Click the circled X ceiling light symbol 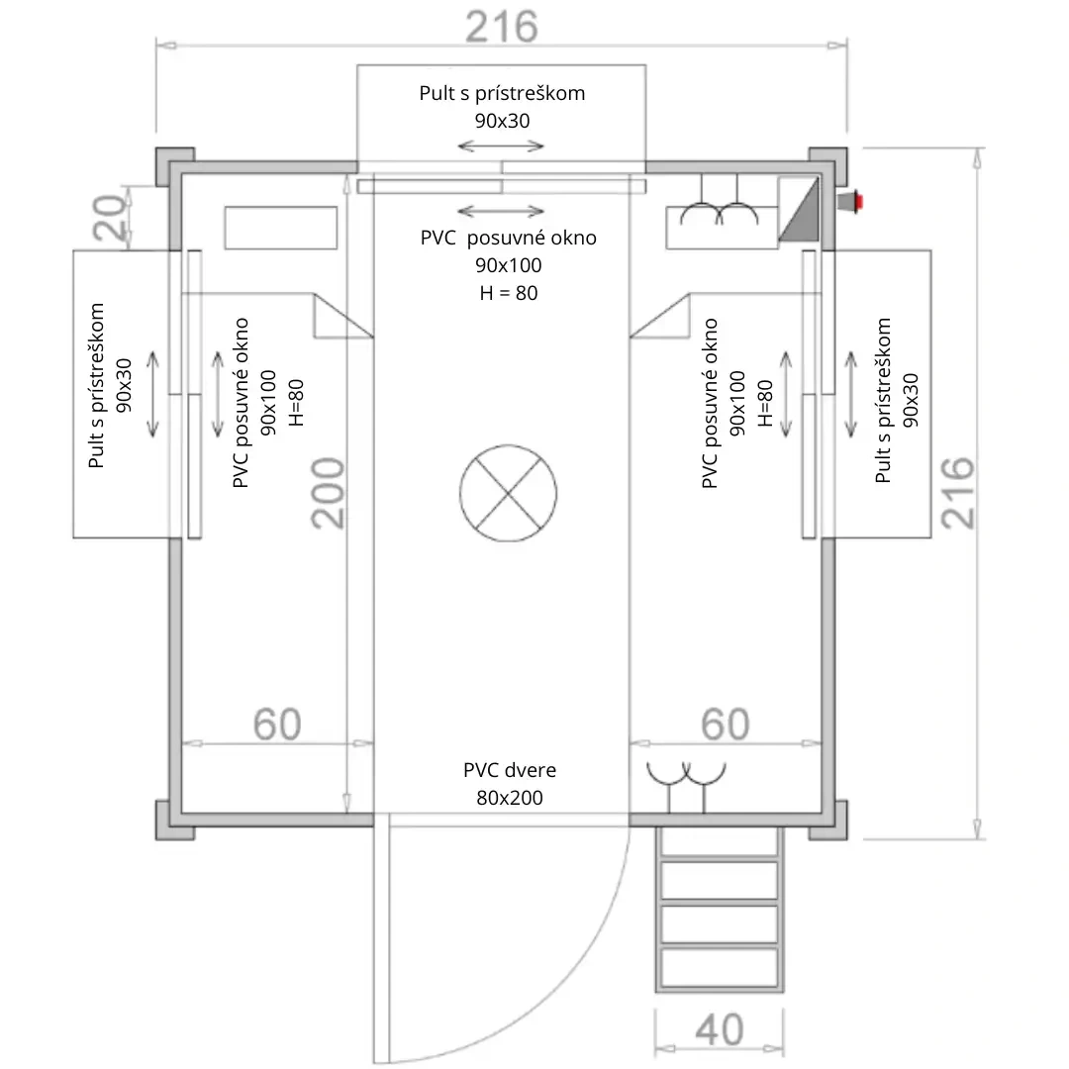(x=508, y=492)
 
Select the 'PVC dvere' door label (x=509, y=771)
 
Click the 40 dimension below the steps (x=720, y=1029)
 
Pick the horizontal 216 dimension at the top (x=502, y=27)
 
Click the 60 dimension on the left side (x=277, y=725)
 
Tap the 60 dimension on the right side (x=726, y=725)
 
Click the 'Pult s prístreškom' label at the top (x=502, y=94)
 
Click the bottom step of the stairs (x=719, y=967)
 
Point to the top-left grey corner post (x=172, y=165)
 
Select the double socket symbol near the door (x=687, y=774)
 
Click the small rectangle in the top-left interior (x=280, y=228)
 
